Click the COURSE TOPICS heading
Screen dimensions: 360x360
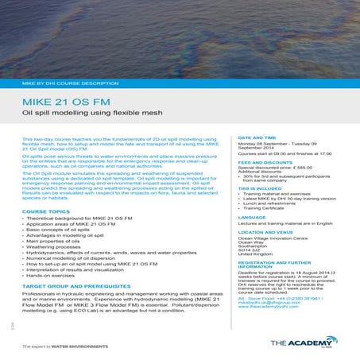[47, 211]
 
